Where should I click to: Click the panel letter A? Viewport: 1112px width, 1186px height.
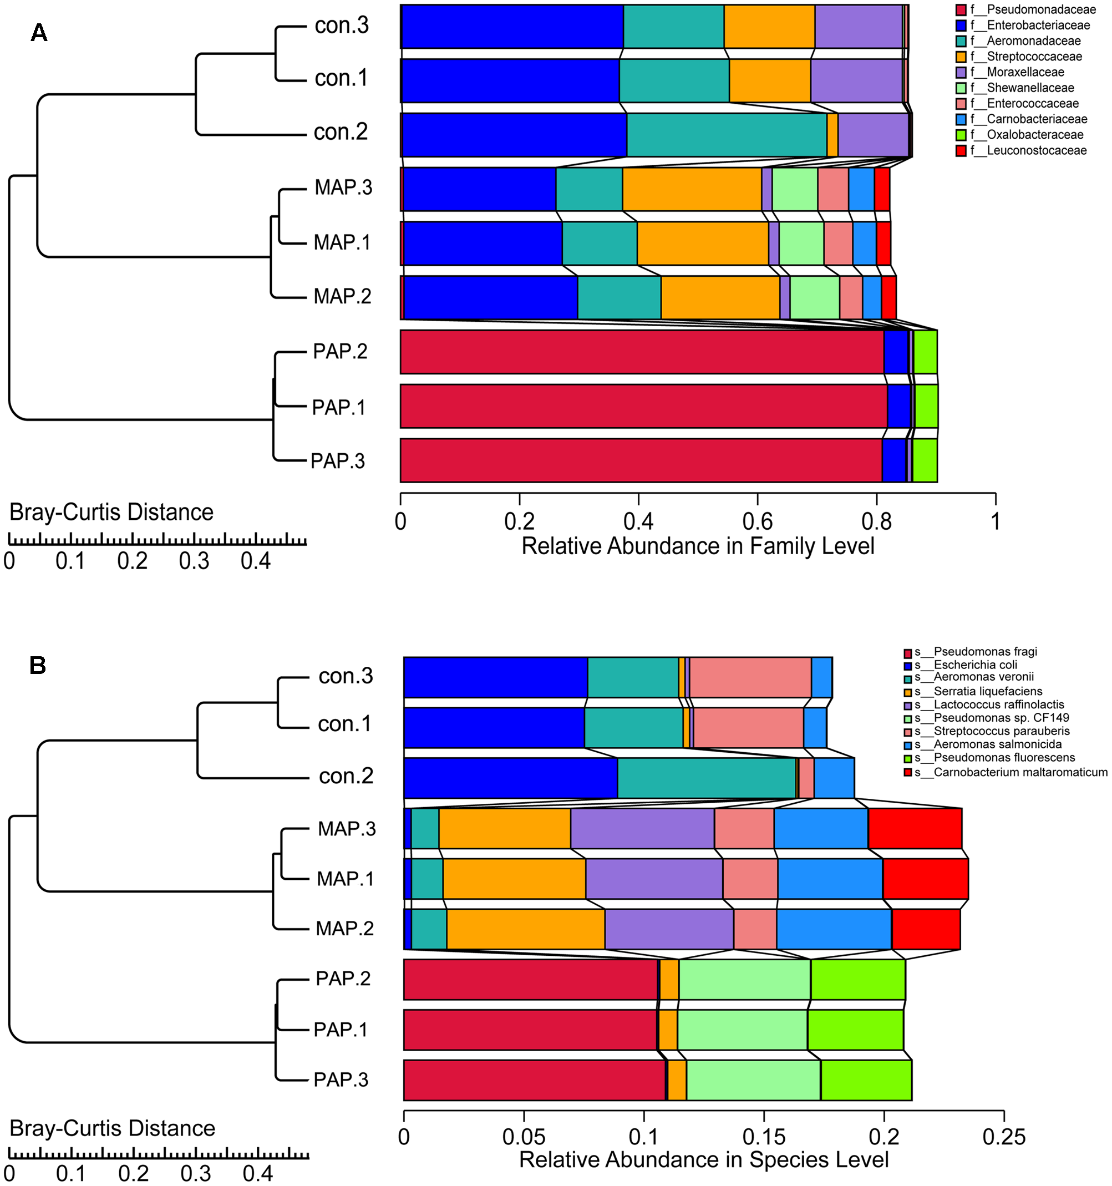click(x=39, y=33)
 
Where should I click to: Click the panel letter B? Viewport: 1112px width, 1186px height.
click(x=38, y=665)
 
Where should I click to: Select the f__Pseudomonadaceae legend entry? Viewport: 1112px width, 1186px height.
click(x=1033, y=9)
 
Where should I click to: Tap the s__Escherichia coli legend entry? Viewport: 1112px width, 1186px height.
click(x=975, y=665)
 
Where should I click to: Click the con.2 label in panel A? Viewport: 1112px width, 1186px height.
click(x=341, y=132)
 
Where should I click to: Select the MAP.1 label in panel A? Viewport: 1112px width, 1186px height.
click(x=342, y=242)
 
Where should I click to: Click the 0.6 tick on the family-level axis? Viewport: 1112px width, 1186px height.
click(x=757, y=521)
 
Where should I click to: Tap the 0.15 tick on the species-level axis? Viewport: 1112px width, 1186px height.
click(x=764, y=1137)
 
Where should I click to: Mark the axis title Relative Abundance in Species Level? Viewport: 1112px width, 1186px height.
click(x=703, y=1160)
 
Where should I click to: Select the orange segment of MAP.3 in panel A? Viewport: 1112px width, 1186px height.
click(x=692, y=189)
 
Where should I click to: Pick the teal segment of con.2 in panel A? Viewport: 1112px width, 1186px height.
click(x=726, y=135)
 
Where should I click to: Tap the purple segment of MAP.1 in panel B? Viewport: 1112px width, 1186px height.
click(x=654, y=879)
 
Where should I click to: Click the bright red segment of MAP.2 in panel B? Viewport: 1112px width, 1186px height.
click(x=926, y=929)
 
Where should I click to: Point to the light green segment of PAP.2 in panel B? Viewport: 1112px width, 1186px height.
click(x=744, y=979)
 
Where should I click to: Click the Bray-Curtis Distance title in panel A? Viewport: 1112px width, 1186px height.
click(x=111, y=513)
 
